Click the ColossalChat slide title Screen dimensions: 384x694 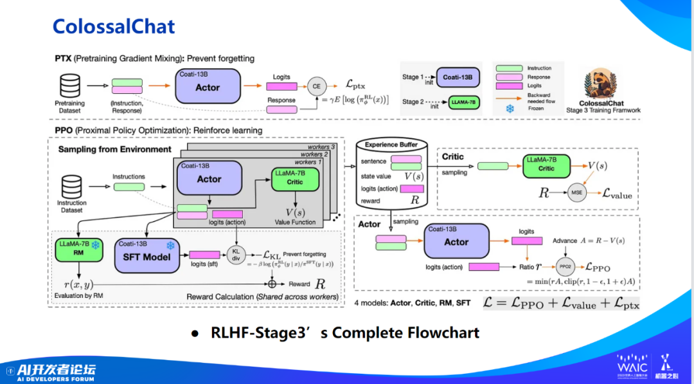coord(114,26)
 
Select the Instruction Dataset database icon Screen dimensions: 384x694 coord(71,187)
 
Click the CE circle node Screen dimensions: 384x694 coord(316,86)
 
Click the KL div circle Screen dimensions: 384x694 coord(237,255)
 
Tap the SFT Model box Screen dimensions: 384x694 coord(146,255)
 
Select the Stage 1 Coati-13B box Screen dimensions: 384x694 coord(458,77)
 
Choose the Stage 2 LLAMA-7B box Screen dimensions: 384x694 coord(458,102)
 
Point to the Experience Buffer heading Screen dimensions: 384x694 coord(391,145)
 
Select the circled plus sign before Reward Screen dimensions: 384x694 coord(272,283)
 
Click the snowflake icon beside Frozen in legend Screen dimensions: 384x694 coord(510,109)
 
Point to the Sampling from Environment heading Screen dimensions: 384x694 coord(115,149)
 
